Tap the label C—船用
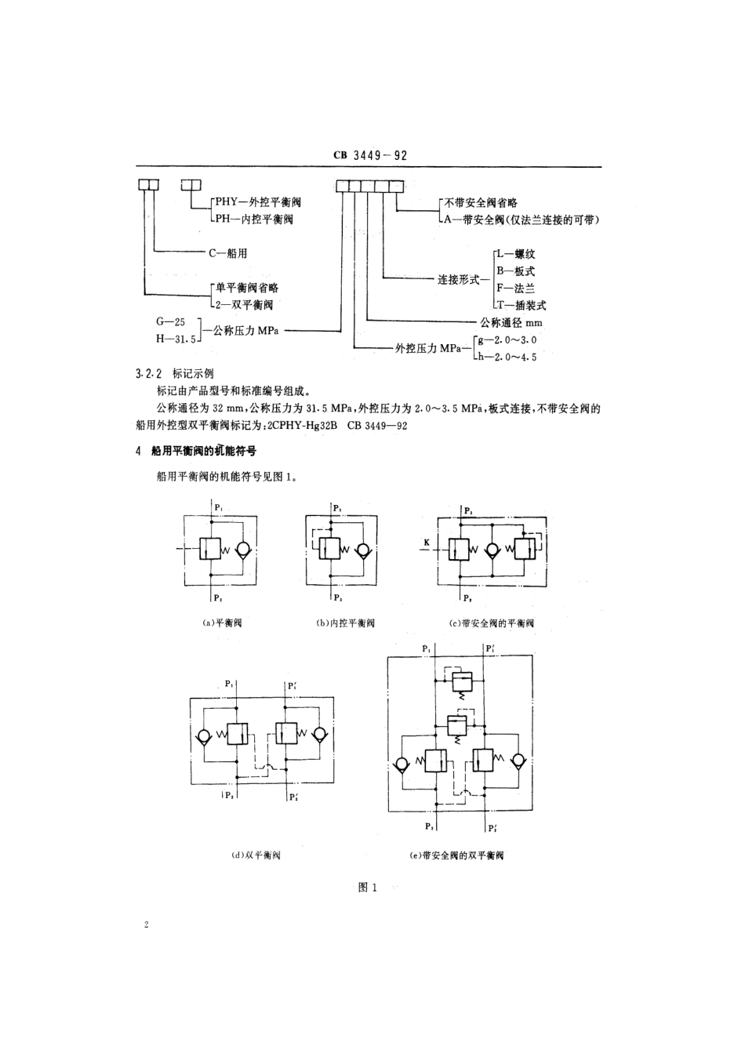coord(227,253)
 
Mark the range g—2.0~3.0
coord(510,340)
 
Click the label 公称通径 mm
coord(511,322)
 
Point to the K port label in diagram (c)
coord(427,541)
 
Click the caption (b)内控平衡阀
coord(345,623)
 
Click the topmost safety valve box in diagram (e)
coord(459,679)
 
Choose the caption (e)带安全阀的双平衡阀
coord(457,855)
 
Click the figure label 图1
coord(368,888)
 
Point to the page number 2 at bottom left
coord(147,925)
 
